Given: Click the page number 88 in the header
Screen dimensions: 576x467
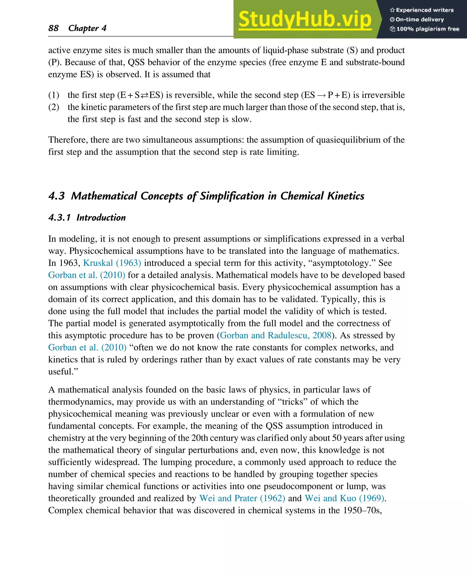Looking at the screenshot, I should [x=53, y=28].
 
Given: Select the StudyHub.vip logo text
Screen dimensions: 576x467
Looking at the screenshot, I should [x=305, y=19].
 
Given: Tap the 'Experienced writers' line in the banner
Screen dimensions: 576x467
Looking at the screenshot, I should [x=422, y=10].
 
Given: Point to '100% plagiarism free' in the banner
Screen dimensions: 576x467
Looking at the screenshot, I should [x=425, y=29].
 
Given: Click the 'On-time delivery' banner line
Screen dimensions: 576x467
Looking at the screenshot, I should [x=417, y=19].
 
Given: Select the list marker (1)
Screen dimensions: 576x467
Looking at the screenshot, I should [x=54, y=95].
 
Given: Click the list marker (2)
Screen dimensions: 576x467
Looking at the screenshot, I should [x=54, y=107].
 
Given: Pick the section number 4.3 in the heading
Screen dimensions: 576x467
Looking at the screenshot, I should [x=57, y=196].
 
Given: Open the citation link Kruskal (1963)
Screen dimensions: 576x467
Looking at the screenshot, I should [x=112, y=263].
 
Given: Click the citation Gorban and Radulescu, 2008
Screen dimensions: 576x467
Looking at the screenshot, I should [x=276, y=335].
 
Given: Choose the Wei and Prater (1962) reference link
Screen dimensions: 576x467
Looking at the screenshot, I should [x=242, y=498].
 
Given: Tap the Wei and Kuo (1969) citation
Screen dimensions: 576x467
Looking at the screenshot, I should [x=345, y=498].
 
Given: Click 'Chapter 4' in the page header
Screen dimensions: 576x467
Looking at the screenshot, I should [x=87, y=28].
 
